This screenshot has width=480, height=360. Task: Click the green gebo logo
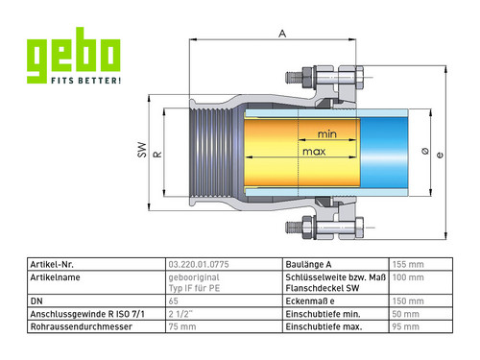coord(73,55)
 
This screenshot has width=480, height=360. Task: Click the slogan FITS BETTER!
coord(86,81)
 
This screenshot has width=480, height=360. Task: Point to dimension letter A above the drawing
coord(282,34)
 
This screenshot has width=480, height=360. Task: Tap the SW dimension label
coord(142,150)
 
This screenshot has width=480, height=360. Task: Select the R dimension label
coord(158,155)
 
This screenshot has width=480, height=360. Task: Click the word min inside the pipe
coord(327,133)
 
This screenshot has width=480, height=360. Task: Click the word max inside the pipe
coord(314,152)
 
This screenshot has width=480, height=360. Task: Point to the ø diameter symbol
coord(425,151)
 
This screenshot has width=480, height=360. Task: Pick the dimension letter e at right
coord(440,155)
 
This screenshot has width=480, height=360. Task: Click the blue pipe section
coord(384,153)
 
